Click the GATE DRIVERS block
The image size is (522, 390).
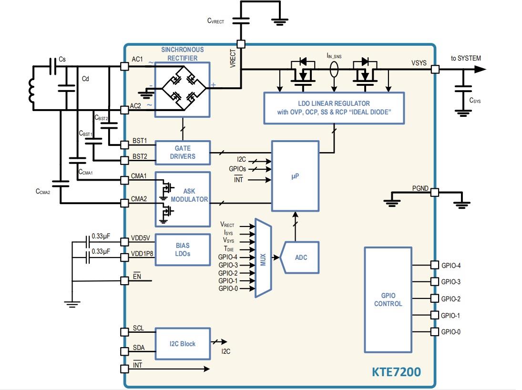pos(183,152)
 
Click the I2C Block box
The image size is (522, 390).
pos(183,343)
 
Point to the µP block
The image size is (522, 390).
pos(295,175)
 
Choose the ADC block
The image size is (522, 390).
pos(300,257)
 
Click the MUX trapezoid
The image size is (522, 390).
pos(263,258)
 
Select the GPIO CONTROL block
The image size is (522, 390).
pos(388,299)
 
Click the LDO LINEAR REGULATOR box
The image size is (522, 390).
pos(333,108)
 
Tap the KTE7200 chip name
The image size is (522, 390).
pos(396,371)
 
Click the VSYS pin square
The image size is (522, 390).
pos(434,70)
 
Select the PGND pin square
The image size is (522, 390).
pos(434,193)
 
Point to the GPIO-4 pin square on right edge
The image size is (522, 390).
pos(434,265)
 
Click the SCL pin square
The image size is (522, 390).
pos(124,333)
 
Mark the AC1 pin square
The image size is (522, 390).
pos(124,67)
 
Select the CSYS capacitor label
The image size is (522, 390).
pos(475,101)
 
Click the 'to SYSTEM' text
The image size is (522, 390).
pos(465,58)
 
